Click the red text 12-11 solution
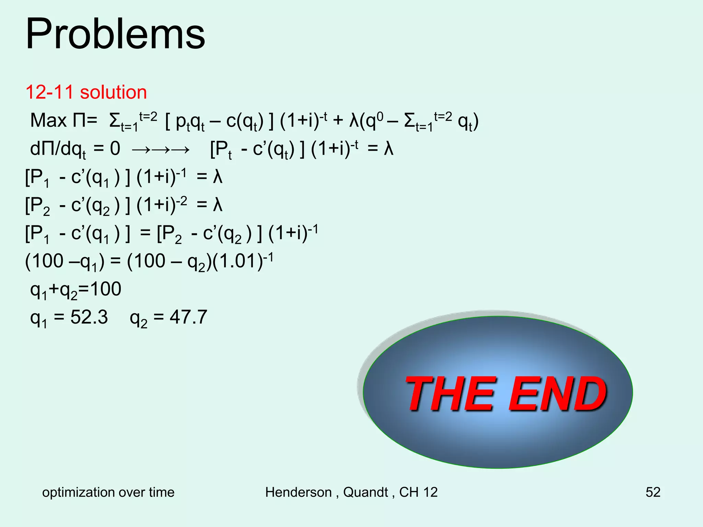pos(86,92)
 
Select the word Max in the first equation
pos(48,120)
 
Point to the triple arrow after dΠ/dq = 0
pos(160,150)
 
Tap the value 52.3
pos(89,317)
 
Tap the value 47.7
pos(188,317)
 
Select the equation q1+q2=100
pos(76,290)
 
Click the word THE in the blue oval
pos(450,393)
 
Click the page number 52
pos(653,492)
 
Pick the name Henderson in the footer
pos(298,492)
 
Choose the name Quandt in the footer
pos(366,492)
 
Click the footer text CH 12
pos(418,492)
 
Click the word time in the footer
pos(161,492)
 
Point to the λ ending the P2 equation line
pos(218,205)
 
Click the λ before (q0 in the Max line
pos(354,121)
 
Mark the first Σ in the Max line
pos(115,121)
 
